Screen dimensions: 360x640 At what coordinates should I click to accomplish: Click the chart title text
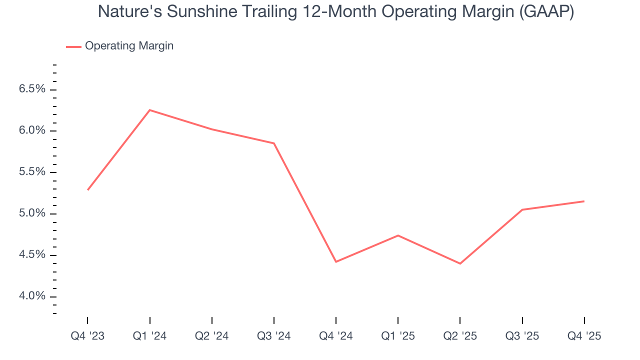(x=335, y=11)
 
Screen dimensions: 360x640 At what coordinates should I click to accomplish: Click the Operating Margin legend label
(x=129, y=46)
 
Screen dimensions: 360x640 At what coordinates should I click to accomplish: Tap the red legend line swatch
(x=73, y=46)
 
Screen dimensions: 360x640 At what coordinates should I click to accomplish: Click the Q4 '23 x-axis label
(x=87, y=336)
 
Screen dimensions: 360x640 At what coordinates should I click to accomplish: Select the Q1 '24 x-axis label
(x=149, y=336)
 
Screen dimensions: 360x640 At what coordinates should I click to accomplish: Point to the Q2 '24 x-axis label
(x=211, y=336)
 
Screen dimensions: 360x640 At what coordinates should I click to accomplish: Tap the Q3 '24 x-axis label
(x=274, y=336)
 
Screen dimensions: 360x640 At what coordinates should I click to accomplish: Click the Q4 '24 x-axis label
(x=336, y=336)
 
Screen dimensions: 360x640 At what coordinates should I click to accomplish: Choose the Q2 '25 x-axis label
(x=460, y=336)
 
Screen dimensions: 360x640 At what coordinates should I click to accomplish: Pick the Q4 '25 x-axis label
(x=584, y=336)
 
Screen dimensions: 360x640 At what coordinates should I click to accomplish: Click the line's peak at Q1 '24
(x=149, y=110)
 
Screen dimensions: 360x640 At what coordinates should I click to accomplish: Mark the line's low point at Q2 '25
(x=460, y=263)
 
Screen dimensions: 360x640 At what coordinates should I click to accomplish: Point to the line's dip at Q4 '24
(x=336, y=261)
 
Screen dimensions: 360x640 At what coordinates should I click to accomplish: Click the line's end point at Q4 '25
(x=584, y=201)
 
